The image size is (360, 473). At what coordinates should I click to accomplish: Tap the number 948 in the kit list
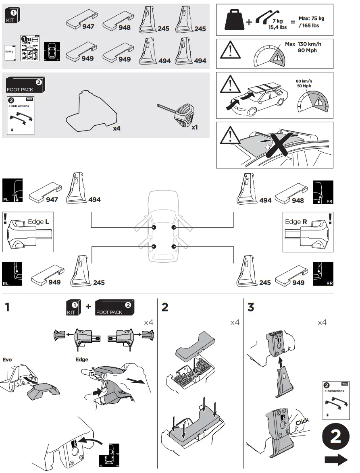click(x=125, y=28)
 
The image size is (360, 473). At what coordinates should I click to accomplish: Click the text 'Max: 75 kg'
click(x=311, y=19)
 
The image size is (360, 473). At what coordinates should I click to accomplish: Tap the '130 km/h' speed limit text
click(x=310, y=44)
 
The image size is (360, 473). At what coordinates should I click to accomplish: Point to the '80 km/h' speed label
click(x=304, y=81)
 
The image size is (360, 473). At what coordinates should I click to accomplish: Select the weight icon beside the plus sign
click(x=234, y=21)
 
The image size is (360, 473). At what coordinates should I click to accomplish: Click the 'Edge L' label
click(x=39, y=222)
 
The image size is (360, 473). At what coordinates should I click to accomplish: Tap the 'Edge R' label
click(x=296, y=222)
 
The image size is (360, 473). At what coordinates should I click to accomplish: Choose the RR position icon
click(x=323, y=274)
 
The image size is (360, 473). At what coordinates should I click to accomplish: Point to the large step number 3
click(x=251, y=308)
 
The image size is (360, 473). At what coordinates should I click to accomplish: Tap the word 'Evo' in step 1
click(x=8, y=359)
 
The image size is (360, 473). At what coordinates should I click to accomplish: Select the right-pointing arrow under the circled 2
click(x=336, y=460)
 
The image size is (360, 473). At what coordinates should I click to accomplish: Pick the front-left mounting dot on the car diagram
click(x=154, y=228)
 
